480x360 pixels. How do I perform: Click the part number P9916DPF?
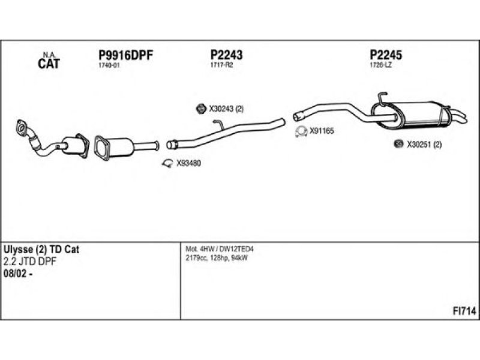(x=126, y=55)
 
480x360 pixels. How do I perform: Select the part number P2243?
(x=226, y=55)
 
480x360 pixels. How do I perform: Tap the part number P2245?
(x=386, y=55)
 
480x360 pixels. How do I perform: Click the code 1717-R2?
(x=221, y=65)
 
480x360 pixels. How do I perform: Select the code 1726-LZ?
(x=380, y=65)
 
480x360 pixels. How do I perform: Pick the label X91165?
(x=321, y=130)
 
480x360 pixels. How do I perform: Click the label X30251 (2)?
(x=424, y=144)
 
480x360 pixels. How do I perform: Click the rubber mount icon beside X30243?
(x=202, y=109)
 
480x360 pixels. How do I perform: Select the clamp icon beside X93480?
(x=169, y=162)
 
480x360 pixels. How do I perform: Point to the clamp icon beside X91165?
(x=301, y=131)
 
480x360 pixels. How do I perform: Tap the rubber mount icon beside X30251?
(x=397, y=144)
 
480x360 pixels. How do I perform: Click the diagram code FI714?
(x=464, y=311)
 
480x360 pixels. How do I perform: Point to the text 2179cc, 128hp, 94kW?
(x=217, y=258)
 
